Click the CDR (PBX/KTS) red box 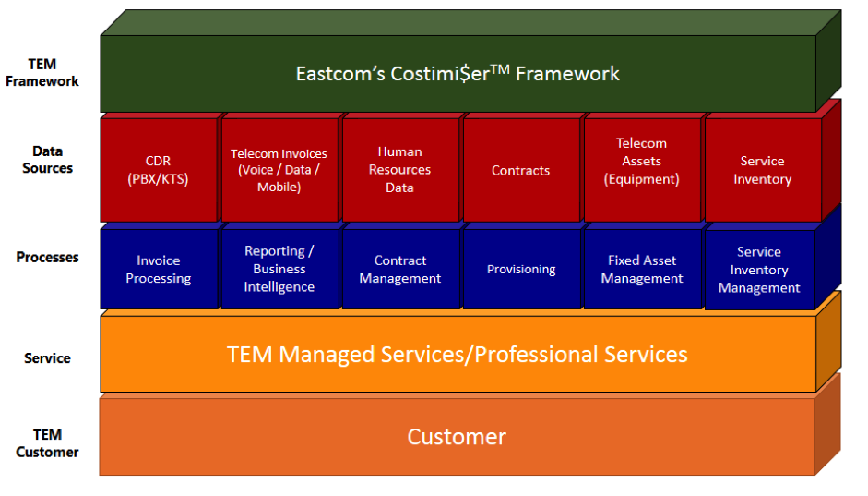click(x=159, y=171)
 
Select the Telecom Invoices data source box click(x=279, y=171)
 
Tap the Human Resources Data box click(x=400, y=170)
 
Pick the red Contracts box click(x=520, y=171)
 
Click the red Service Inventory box click(x=762, y=171)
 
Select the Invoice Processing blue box click(x=159, y=270)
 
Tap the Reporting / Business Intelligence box click(x=279, y=269)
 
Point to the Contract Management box click(x=400, y=270)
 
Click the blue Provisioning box click(x=520, y=270)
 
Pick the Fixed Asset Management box click(x=641, y=270)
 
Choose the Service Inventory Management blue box click(x=759, y=270)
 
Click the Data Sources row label click(x=47, y=160)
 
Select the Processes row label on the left click(x=47, y=258)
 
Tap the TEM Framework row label click(x=42, y=73)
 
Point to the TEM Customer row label click(x=47, y=443)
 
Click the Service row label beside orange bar click(x=47, y=358)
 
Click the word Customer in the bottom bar click(x=457, y=437)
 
